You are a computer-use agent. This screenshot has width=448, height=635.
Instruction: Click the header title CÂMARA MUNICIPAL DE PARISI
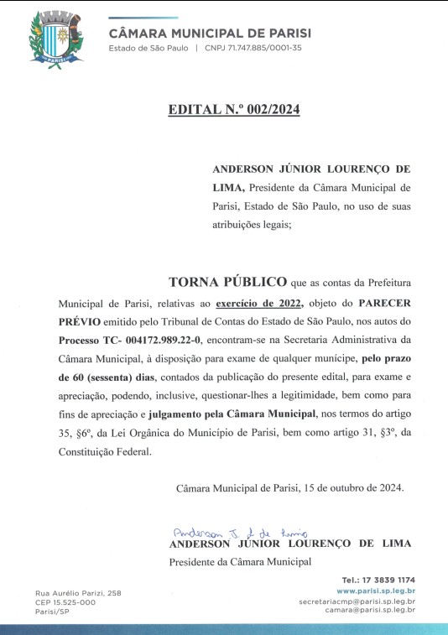click(210, 33)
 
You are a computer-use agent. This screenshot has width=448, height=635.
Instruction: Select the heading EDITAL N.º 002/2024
click(233, 109)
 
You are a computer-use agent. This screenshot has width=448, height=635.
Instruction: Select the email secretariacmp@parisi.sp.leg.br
click(357, 601)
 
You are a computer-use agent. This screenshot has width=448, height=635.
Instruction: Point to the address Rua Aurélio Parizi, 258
click(77, 593)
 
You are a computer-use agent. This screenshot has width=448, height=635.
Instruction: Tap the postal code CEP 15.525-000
click(65, 601)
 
